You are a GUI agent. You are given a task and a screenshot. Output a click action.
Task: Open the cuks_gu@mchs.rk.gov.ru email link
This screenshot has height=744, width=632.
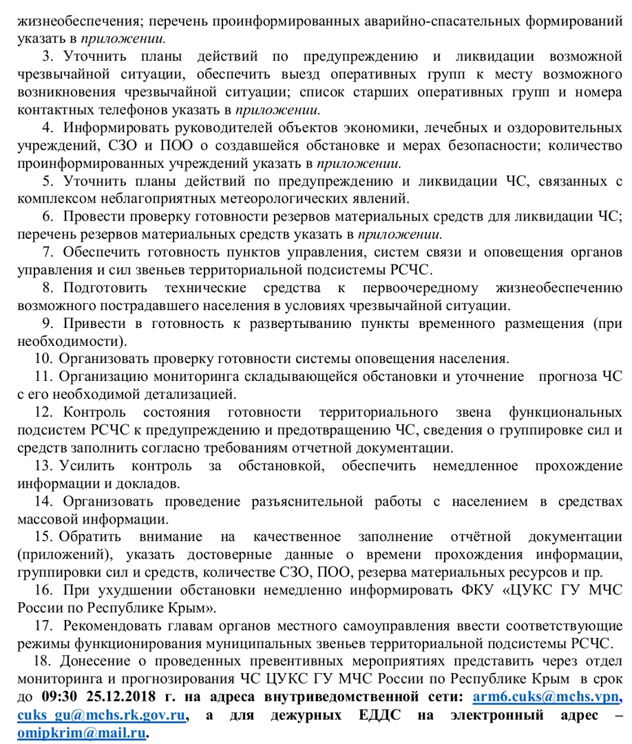103,714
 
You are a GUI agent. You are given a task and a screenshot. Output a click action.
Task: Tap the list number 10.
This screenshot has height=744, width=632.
43,358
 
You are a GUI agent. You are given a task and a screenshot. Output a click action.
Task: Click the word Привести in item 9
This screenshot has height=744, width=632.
90,322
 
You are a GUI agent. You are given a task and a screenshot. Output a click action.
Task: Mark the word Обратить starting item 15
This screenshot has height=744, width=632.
91,537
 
